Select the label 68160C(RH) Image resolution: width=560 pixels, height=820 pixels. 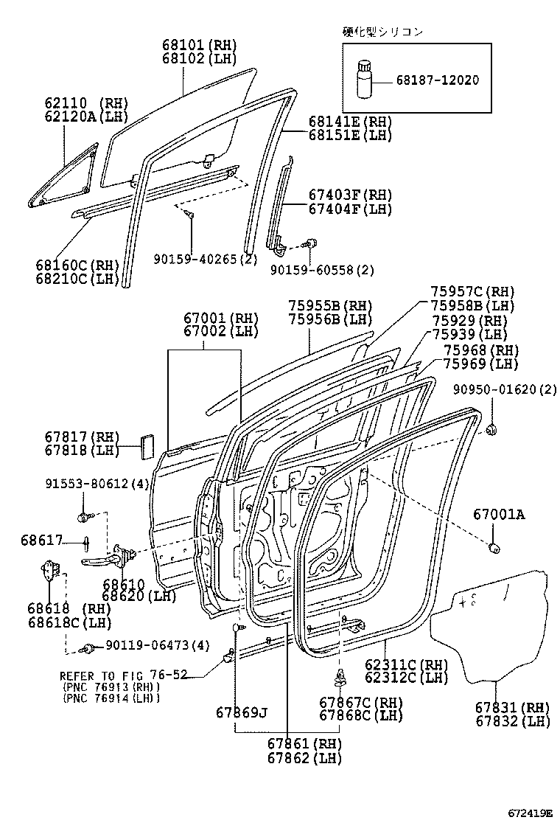tap(77, 265)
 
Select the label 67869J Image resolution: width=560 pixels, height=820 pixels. tap(242, 712)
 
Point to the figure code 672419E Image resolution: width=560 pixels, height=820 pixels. tap(529, 812)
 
